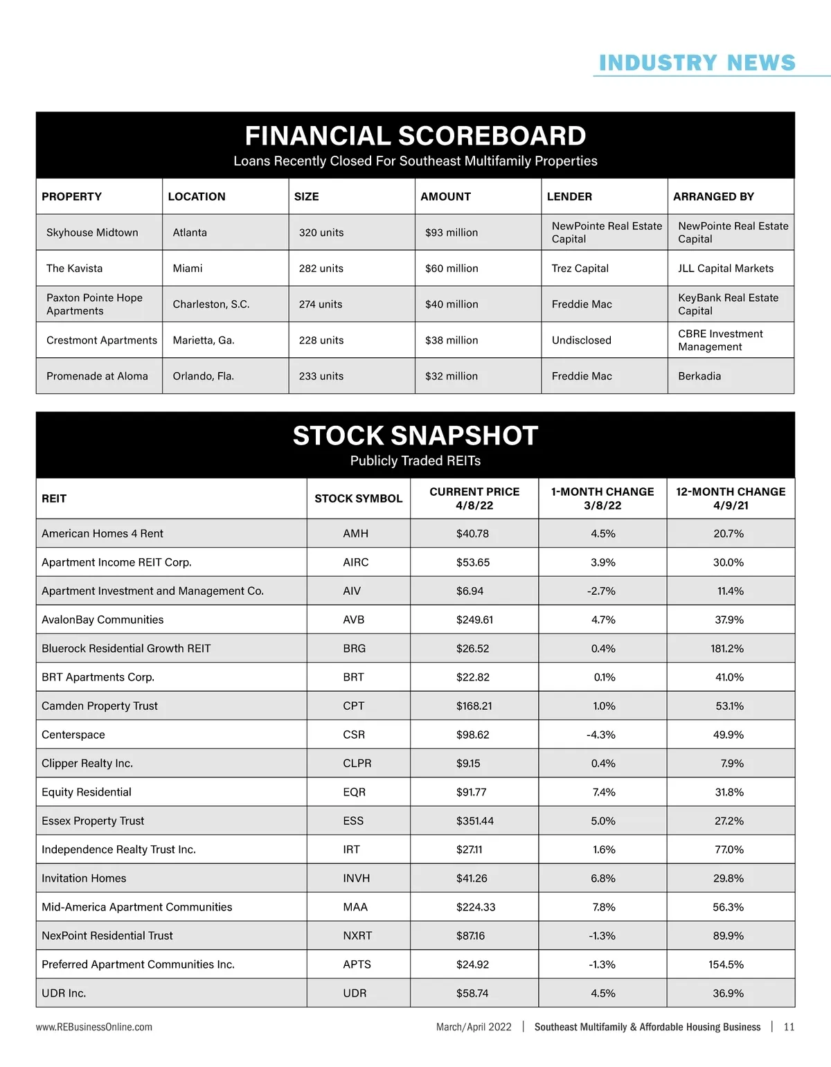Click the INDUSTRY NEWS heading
click(x=697, y=63)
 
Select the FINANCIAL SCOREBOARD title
click(x=415, y=136)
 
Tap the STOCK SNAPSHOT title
click(x=415, y=436)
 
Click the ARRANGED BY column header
click(x=713, y=197)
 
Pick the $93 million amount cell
click(x=452, y=233)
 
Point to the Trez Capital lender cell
click(x=580, y=269)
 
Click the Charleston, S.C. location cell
click(x=211, y=305)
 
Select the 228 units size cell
click(x=321, y=341)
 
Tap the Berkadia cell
click(x=699, y=377)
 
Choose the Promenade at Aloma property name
click(x=97, y=377)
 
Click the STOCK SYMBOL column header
click(x=358, y=499)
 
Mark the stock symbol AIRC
click(x=356, y=562)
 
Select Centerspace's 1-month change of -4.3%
click(x=601, y=735)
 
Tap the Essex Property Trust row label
click(x=93, y=821)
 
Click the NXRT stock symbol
click(x=357, y=936)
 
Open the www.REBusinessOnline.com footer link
click(x=94, y=1028)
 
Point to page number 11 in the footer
click(x=789, y=1028)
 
